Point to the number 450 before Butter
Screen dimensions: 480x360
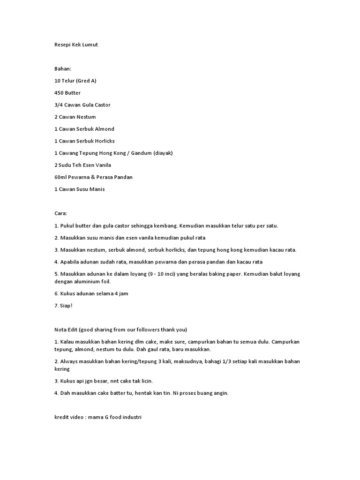60,93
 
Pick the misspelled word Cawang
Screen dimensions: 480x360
69,153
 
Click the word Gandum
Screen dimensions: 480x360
140,153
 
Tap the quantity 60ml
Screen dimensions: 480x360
61,177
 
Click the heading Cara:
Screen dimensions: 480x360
61,213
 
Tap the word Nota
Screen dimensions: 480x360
61,330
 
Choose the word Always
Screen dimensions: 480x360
68,361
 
